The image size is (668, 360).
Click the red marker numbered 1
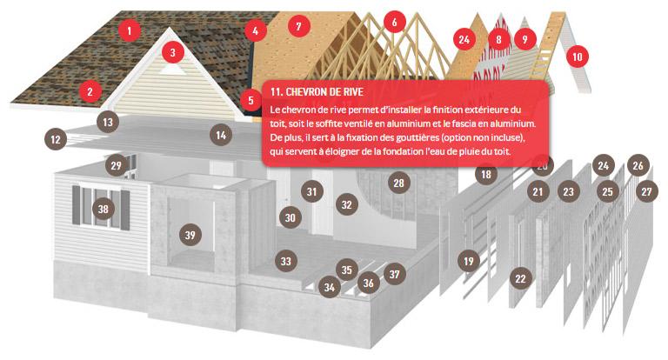130,30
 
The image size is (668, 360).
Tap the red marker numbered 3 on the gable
172,52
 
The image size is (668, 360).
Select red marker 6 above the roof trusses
395,22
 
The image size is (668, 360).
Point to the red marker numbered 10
578,57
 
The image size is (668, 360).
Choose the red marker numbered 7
298,26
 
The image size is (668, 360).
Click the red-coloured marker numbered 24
464,40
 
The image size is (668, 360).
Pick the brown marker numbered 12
56,139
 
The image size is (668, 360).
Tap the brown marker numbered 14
221,135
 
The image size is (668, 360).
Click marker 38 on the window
104,209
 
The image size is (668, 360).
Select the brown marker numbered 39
190,235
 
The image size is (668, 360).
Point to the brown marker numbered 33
286,261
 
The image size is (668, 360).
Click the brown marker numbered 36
369,283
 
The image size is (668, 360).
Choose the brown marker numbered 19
469,261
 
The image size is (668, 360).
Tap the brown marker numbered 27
647,191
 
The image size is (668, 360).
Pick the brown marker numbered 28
398,183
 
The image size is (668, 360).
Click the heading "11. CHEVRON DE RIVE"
317,92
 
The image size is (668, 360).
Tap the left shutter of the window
76,205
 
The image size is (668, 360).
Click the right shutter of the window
125,210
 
